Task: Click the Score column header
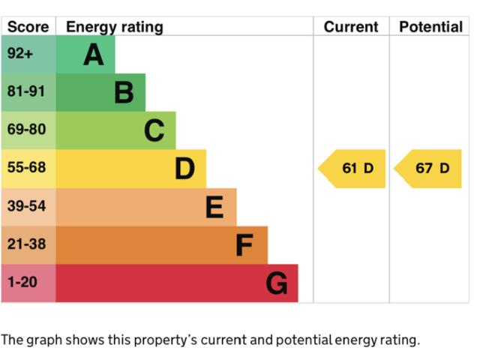[28, 27]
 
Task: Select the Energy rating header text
[115, 28]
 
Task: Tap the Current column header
[351, 27]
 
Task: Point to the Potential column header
[430, 27]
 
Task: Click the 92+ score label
[20, 53]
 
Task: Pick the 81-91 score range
[26, 91]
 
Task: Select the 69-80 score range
[27, 129]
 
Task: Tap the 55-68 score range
[27, 167]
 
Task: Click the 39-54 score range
[27, 205]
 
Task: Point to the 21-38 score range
[27, 244]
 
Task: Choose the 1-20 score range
[22, 282]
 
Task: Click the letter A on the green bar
[94, 55]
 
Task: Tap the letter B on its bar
[124, 92]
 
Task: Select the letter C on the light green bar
[154, 130]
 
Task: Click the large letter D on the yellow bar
[185, 168]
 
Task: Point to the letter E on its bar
[214, 207]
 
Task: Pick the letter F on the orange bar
[244, 245]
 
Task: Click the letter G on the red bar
[277, 283]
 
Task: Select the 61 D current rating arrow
[352, 169]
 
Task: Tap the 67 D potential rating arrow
[427, 169]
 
